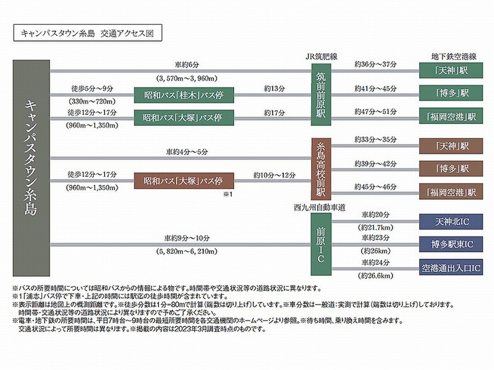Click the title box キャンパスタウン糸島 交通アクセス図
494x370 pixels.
(88, 33)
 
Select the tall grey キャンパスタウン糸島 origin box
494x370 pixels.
(31, 168)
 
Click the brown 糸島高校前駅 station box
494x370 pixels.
(321, 169)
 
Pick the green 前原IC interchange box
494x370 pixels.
(321, 244)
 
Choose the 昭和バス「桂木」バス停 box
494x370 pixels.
(184, 95)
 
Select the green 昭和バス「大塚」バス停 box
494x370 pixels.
(184, 117)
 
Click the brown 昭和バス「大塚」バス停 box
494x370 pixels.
(184, 180)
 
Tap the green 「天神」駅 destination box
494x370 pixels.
(451, 70)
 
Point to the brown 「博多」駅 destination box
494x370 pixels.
(451, 168)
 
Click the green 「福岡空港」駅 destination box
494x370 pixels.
(451, 116)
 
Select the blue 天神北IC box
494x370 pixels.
(451, 222)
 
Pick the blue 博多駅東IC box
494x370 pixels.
(451, 244)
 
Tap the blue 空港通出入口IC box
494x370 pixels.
(451, 267)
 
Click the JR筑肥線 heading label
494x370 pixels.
(321, 56)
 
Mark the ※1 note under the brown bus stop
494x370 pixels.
(229, 194)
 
